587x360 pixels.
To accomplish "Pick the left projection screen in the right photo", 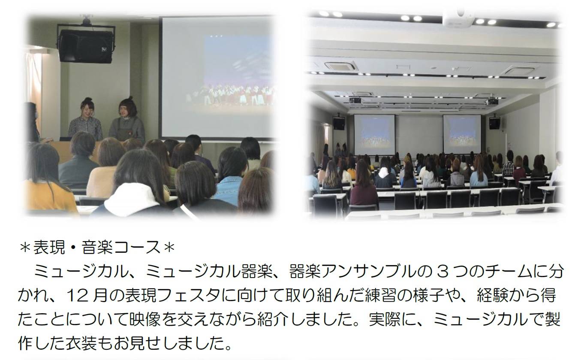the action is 374,135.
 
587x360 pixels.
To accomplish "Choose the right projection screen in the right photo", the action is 462,134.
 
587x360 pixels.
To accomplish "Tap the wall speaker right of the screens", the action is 494,123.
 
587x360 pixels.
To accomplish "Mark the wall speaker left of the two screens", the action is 339,123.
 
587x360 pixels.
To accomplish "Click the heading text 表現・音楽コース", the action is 97,247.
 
